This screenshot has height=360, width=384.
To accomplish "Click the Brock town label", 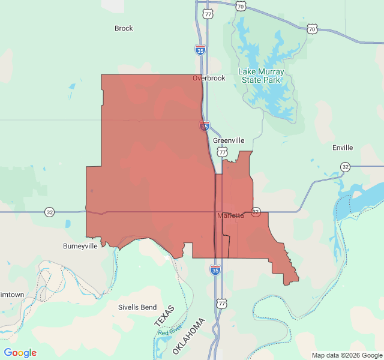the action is (x=124, y=28).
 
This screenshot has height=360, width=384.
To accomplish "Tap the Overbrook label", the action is (x=209, y=78).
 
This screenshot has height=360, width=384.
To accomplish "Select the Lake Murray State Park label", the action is (x=262, y=76).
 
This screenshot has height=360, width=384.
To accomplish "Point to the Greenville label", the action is (x=229, y=140).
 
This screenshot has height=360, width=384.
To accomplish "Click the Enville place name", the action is (x=343, y=148).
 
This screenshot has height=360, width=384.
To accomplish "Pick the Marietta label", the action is (x=230, y=215).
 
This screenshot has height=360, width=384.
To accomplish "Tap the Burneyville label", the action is (x=80, y=246).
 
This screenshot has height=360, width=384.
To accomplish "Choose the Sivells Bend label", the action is (x=137, y=307).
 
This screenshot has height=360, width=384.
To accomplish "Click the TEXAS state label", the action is (x=164, y=316).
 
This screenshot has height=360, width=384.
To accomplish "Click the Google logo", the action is (x=20, y=353).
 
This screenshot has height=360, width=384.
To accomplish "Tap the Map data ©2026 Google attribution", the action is (x=347, y=355).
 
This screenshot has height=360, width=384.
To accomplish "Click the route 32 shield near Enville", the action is (x=345, y=166).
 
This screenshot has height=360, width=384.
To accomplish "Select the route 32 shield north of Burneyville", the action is (x=49, y=212).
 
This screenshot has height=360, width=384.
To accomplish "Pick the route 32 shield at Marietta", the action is (x=256, y=212).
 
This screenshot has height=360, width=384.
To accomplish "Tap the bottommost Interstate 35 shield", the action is (x=215, y=270).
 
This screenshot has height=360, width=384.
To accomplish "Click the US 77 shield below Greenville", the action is (x=223, y=154).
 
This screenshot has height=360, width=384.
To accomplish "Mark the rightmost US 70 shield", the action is (x=311, y=28).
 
